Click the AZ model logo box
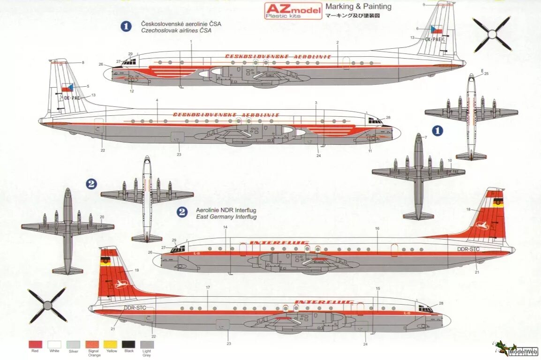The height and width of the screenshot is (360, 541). click(293, 10)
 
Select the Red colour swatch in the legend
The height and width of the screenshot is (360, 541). click(35, 344)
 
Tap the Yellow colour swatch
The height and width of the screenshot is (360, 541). click(111, 344)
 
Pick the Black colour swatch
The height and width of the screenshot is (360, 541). click(128, 344)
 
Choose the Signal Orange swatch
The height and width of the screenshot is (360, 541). click(94, 344)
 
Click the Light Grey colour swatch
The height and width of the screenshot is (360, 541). click(147, 344)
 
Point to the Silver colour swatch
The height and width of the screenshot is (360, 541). click(73, 344)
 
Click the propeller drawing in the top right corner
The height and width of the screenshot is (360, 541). click(492, 34)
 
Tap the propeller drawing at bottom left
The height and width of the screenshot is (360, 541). click(47, 306)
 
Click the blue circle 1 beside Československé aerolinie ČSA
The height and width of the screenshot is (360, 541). click(126, 26)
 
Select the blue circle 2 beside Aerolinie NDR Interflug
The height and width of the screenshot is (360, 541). click(182, 212)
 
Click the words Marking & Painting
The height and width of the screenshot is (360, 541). click(358, 7)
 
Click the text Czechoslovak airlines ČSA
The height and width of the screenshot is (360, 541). click(176, 30)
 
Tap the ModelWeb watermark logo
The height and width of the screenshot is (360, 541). click(515, 349)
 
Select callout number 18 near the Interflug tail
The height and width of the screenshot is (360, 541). click(468, 209)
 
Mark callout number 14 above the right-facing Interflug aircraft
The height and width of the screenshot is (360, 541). click(225, 227)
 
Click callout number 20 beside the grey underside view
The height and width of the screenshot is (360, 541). click(102, 217)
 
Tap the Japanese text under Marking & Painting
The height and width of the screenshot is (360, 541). click(352, 15)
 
